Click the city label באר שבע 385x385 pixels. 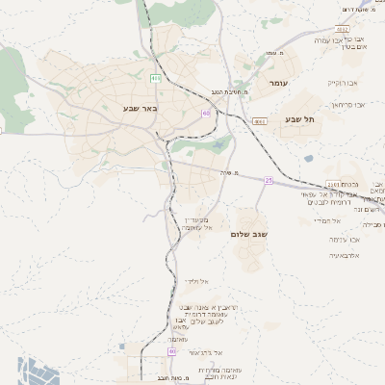point(140,109)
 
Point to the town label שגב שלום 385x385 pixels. point(247,234)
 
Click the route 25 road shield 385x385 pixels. point(269,180)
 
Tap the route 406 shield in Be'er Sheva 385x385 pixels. point(155,78)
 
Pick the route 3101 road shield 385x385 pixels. point(333,182)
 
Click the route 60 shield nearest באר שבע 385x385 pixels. point(205,113)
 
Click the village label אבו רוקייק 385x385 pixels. point(342,83)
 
